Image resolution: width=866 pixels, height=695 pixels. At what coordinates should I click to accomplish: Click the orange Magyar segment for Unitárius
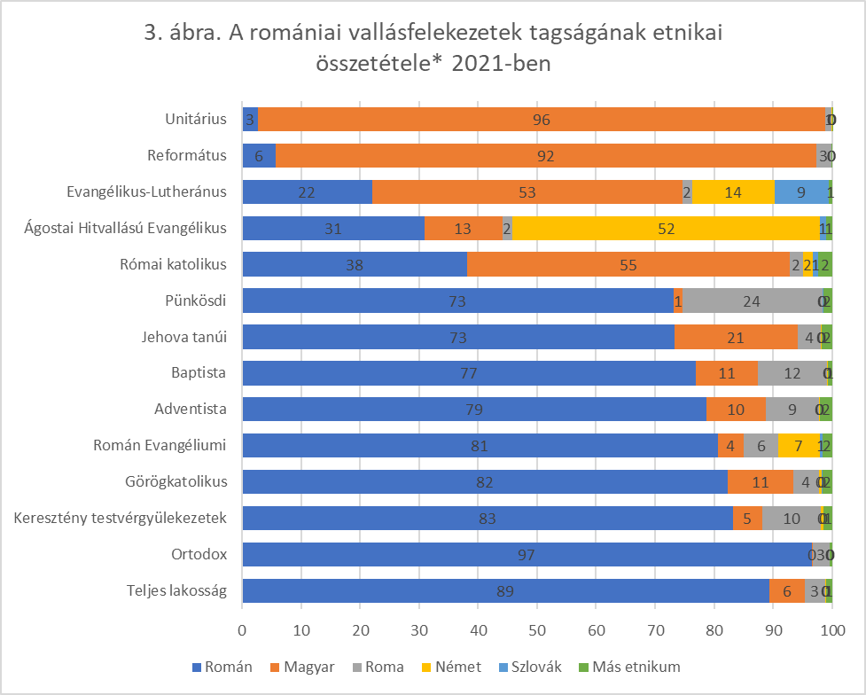tap(542, 119)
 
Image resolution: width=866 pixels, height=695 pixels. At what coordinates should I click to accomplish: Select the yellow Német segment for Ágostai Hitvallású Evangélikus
tap(666, 228)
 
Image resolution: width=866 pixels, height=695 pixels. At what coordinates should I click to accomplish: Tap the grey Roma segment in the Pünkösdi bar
tap(752, 301)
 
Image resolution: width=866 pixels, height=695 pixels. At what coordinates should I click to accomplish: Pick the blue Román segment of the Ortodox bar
tap(527, 554)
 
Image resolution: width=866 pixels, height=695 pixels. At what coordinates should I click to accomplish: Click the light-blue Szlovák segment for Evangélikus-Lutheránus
tap(801, 191)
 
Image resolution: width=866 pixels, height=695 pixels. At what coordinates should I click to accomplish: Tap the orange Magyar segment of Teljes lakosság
tap(786, 590)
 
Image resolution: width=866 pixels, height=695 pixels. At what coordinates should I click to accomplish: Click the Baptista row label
tap(201, 373)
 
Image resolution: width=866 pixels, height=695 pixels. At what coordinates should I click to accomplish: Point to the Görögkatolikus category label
tap(176, 482)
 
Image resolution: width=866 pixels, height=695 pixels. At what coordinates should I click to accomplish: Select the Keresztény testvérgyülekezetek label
tap(121, 518)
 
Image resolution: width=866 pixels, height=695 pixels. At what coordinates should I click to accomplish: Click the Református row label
tap(187, 156)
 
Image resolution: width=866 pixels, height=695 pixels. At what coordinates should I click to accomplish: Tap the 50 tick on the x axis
tap(537, 630)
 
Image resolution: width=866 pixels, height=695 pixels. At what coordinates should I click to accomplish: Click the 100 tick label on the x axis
tap(831, 630)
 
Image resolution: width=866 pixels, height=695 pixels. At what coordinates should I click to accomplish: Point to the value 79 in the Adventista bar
tap(474, 410)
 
